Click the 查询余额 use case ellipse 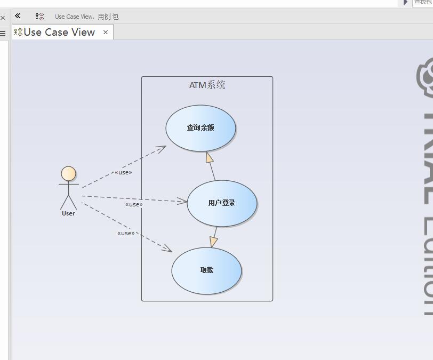point(201,128)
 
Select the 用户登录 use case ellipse point(222,203)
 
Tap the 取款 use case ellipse point(206,270)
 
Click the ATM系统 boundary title point(207,85)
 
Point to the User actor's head point(68,173)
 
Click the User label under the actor point(68,213)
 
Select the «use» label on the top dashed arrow point(123,172)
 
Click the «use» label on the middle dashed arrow point(134,204)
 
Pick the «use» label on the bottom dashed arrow point(126,233)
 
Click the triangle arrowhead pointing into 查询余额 point(210,157)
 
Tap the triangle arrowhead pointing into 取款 point(214,242)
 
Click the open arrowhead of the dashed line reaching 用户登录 point(182,202)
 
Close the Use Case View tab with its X point(106,33)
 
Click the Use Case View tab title point(59,33)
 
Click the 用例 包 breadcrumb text point(108,17)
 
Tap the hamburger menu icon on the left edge point(3,33)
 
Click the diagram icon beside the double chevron point(39,17)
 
